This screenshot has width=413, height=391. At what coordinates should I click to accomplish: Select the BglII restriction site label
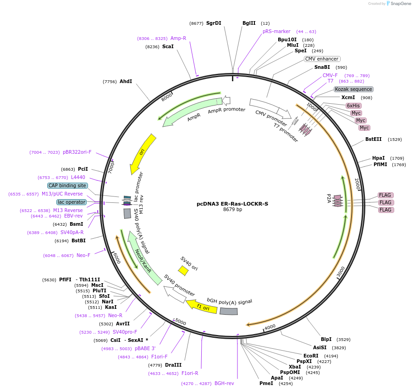click(249, 23)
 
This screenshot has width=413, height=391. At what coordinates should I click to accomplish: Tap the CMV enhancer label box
click(322, 59)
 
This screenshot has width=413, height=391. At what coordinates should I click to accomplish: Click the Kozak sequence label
click(353, 89)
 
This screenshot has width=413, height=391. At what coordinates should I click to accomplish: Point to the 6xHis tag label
click(353, 106)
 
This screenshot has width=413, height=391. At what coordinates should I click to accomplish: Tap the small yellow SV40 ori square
click(183, 271)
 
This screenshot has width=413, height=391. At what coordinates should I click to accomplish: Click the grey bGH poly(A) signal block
click(229, 311)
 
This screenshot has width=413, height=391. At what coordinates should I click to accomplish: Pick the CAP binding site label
click(67, 185)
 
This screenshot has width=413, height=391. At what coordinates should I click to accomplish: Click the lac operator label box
click(72, 202)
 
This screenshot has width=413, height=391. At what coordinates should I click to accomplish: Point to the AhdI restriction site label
click(126, 81)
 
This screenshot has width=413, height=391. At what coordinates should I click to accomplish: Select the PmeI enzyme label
click(266, 383)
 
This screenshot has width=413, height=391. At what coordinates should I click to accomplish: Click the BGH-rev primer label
click(224, 383)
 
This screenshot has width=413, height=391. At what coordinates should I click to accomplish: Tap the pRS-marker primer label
click(276, 31)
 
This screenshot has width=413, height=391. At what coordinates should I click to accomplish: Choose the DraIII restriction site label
click(173, 365)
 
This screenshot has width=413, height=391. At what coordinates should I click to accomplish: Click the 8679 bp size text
click(232, 209)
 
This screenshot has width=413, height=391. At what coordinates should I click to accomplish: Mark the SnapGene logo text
click(400, 4)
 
